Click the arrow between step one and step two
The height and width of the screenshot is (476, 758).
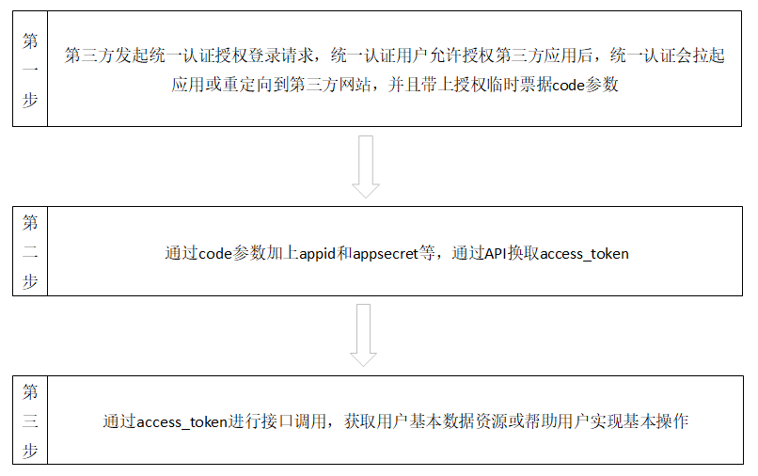click(365, 167)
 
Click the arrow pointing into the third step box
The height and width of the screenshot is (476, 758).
click(364, 335)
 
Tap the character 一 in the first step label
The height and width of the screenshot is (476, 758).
click(30, 71)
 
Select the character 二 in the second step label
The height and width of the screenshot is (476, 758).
click(30, 252)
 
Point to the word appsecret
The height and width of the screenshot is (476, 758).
click(387, 253)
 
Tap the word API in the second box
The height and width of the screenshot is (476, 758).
click(495, 253)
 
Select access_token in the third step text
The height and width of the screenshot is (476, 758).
click(182, 421)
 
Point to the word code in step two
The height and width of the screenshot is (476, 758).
click(214, 253)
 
